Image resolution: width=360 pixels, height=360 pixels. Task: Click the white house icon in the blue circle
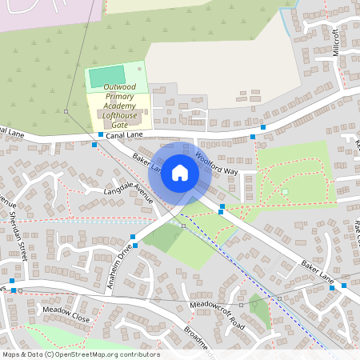click(180, 172)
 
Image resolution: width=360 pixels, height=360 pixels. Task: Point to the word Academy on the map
click(117, 108)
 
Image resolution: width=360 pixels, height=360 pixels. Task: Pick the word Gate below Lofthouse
click(119, 126)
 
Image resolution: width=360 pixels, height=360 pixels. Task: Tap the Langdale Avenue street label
click(117, 193)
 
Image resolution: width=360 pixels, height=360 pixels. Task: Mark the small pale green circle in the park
click(283, 192)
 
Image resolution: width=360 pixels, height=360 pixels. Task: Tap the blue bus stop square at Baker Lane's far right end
click(344, 285)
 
